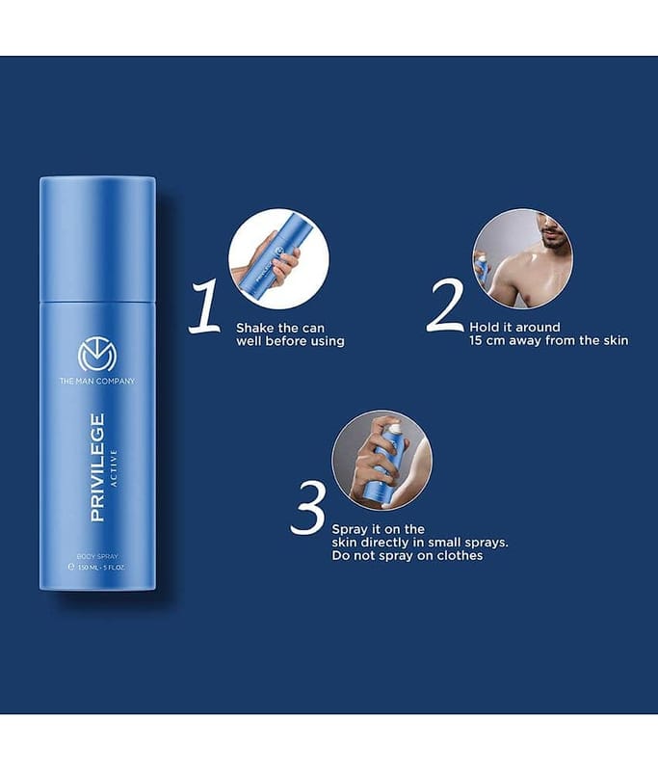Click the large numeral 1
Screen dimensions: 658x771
click(204, 306)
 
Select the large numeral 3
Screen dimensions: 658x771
click(308, 508)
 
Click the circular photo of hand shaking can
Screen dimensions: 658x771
click(278, 259)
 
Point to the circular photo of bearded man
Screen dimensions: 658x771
click(522, 259)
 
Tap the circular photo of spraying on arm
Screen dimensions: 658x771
click(382, 461)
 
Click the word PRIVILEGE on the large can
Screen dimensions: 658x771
click(97, 467)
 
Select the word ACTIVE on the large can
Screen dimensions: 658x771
click(114, 467)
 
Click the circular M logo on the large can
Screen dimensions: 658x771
click(97, 355)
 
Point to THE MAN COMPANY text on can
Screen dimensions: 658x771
click(97, 381)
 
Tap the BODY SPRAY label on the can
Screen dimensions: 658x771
click(97, 557)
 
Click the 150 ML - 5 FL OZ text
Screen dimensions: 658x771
click(101, 567)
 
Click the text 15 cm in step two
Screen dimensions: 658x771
click(487, 341)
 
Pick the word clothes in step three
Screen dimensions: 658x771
click(460, 556)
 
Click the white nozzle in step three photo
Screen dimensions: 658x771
click(395, 431)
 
